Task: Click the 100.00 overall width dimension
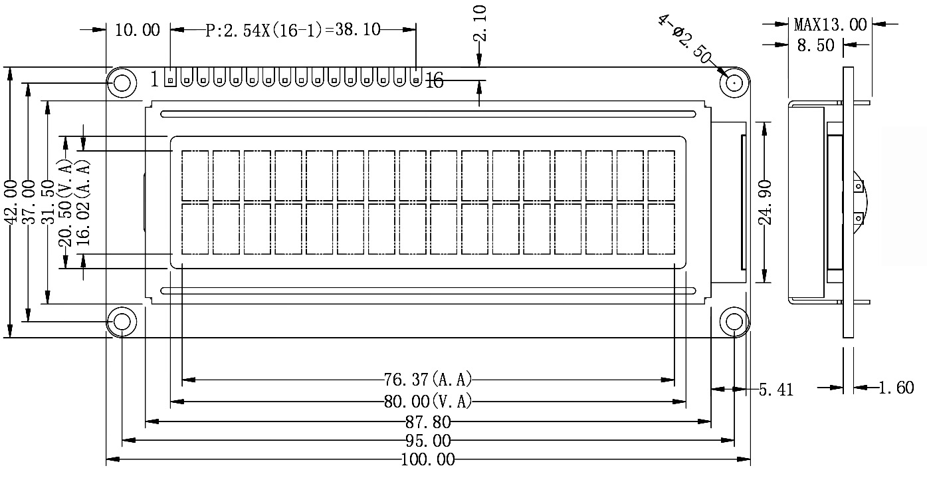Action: coord(428,459)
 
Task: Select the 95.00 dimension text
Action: coord(428,441)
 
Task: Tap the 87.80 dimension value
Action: coord(428,421)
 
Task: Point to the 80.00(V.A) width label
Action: coord(428,402)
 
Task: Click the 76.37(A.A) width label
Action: coord(428,380)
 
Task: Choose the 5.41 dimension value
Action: coord(776,390)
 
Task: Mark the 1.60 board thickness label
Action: coord(896,388)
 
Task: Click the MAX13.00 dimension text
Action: coord(830,25)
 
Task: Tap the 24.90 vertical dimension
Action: coord(766,201)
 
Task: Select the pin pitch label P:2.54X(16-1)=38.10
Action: coord(292,30)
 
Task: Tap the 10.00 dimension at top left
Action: coord(138,30)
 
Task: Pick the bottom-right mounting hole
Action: coord(734,322)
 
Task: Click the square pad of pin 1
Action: coord(171,80)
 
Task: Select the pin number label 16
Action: coord(434,81)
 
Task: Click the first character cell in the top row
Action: coord(195,176)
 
